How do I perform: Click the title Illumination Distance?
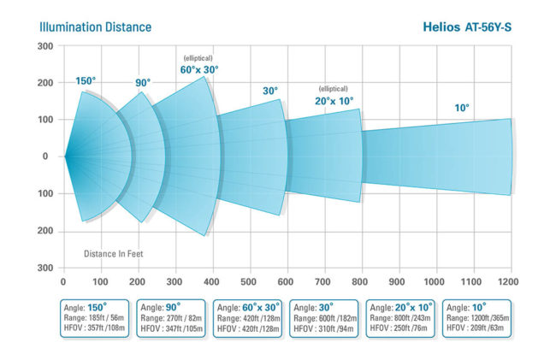click(x=96, y=27)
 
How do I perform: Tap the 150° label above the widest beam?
click(x=86, y=81)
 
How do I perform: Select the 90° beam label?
click(x=142, y=83)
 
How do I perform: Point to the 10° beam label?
click(x=462, y=108)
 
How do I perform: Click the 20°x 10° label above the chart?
click(x=335, y=100)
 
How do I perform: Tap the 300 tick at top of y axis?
click(x=45, y=45)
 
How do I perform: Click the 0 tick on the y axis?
click(x=48, y=156)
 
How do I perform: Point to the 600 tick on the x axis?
click(x=287, y=280)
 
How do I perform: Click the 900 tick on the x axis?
click(x=399, y=280)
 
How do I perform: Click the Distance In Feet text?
click(x=117, y=254)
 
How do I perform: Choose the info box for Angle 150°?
click(x=96, y=317)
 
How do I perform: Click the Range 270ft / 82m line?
click(x=171, y=317)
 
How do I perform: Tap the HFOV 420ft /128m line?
click(x=247, y=328)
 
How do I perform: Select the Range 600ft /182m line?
click(x=324, y=317)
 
